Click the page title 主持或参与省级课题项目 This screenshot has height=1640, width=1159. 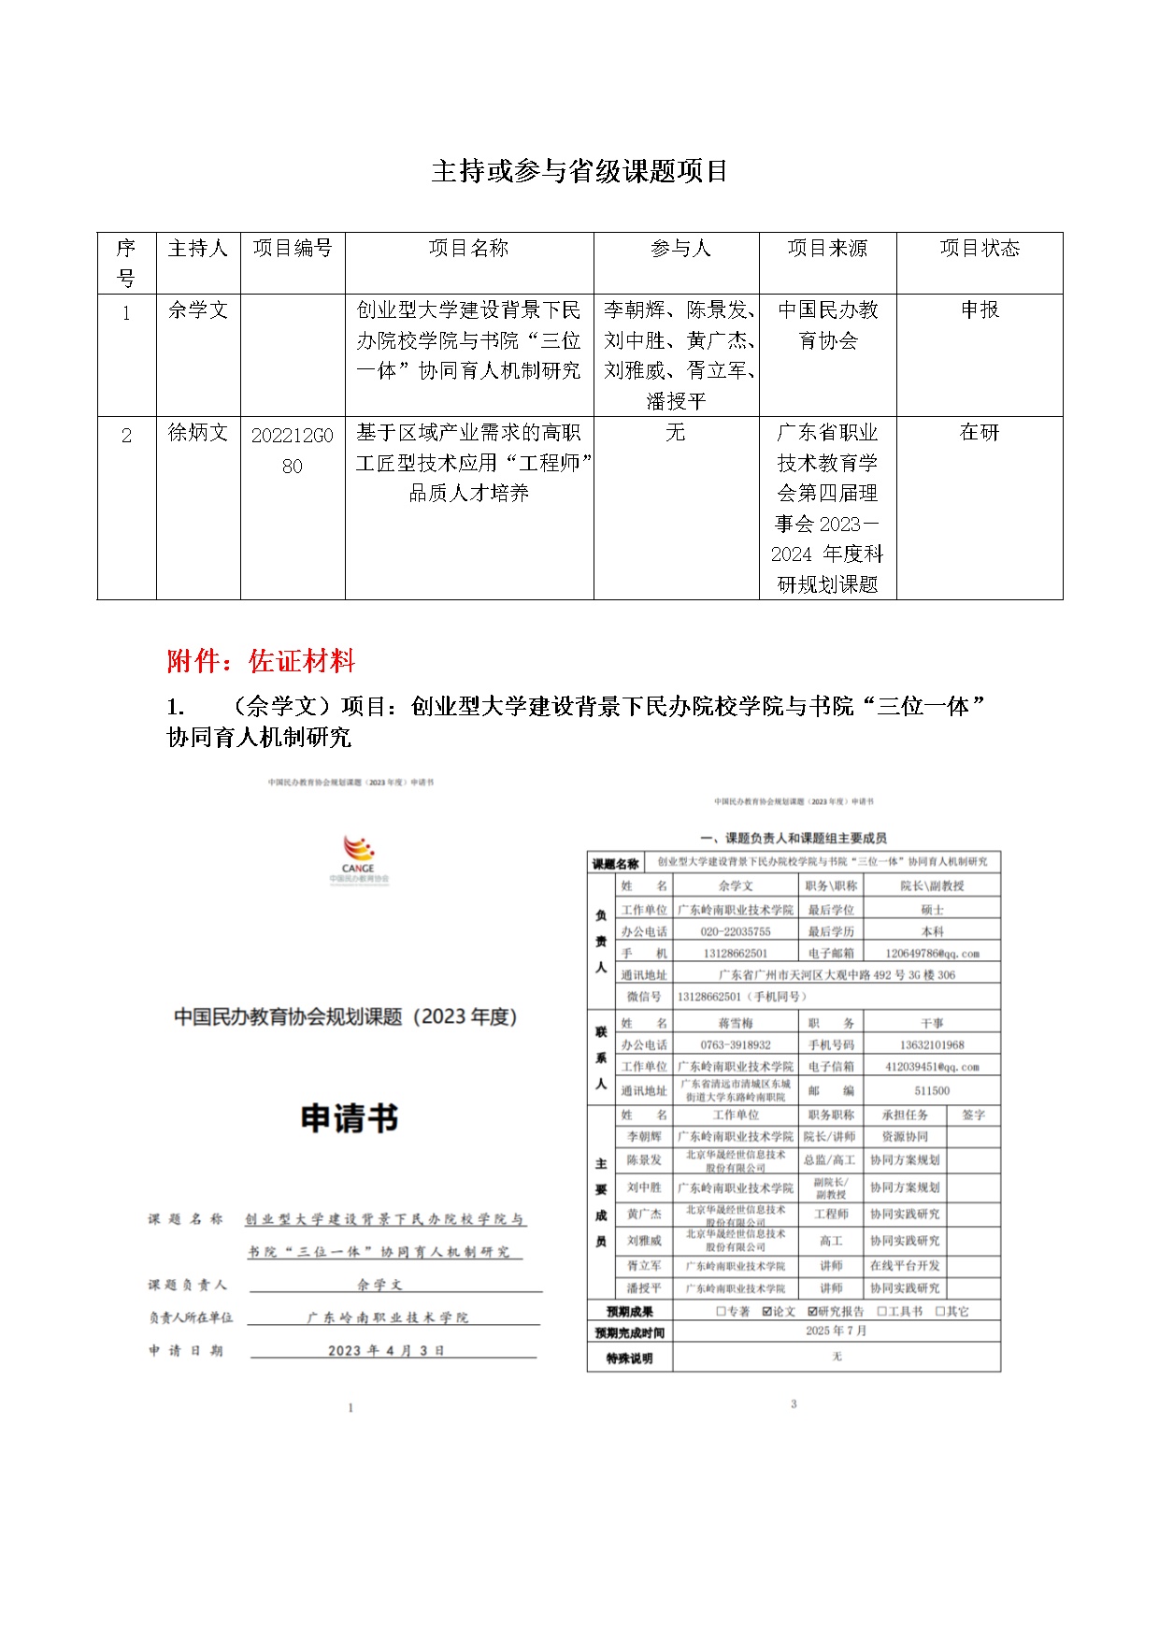click(x=579, y=171)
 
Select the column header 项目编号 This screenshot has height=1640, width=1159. click(x=293, y=249)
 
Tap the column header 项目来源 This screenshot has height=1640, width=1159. click(x=827, y=249)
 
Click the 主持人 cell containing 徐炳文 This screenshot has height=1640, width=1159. click(x=197, y=433)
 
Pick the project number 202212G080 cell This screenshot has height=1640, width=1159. click(x=293, y=450)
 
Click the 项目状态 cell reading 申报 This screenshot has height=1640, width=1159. click(x=979, y=310)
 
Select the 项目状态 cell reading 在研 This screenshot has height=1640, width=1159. click(x=979, y=433)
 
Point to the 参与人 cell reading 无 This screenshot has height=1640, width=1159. click(x=675, y=433)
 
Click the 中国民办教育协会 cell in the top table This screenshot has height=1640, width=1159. click(x=827, y=325)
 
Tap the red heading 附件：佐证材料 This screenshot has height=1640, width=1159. click(x=261, y=661)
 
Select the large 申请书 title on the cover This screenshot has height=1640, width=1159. click(x=350, y=1117)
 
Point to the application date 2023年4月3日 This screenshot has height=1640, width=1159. click(x=386, y=1350)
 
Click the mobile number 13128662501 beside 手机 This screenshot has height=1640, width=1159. click(x=735, y=954)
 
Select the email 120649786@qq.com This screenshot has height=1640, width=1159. click(x=931, y=954)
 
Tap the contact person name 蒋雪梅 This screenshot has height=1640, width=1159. click(x=735, y=1023)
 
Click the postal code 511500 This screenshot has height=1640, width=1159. click(x=931, y=1090)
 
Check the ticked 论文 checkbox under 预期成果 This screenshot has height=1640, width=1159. click(x=767, y=1312)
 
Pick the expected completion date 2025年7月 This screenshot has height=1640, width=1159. click(x=836, y=1331)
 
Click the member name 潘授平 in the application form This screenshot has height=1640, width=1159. click(x=644, y=1288)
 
